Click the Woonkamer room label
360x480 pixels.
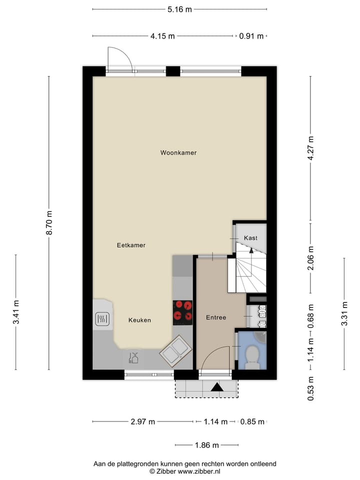pos(178,152)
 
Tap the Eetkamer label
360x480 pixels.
pos(131,245)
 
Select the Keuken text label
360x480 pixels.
pos(139,320)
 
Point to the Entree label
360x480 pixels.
pos(216,317)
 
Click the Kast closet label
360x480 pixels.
pos(250,238)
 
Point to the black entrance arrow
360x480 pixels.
pos(217,386)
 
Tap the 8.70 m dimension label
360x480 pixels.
pos(49,223)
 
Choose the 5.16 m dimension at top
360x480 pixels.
pos(179,9)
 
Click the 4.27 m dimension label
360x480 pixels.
pos(310,148)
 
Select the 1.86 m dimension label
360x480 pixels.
pos(207,445)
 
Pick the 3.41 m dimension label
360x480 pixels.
pos(16,312)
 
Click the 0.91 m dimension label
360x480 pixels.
pos(251,35)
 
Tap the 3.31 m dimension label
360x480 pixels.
pos(344,313)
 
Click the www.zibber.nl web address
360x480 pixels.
pos(199,471)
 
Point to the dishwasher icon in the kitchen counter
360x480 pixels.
pos(133,357)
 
